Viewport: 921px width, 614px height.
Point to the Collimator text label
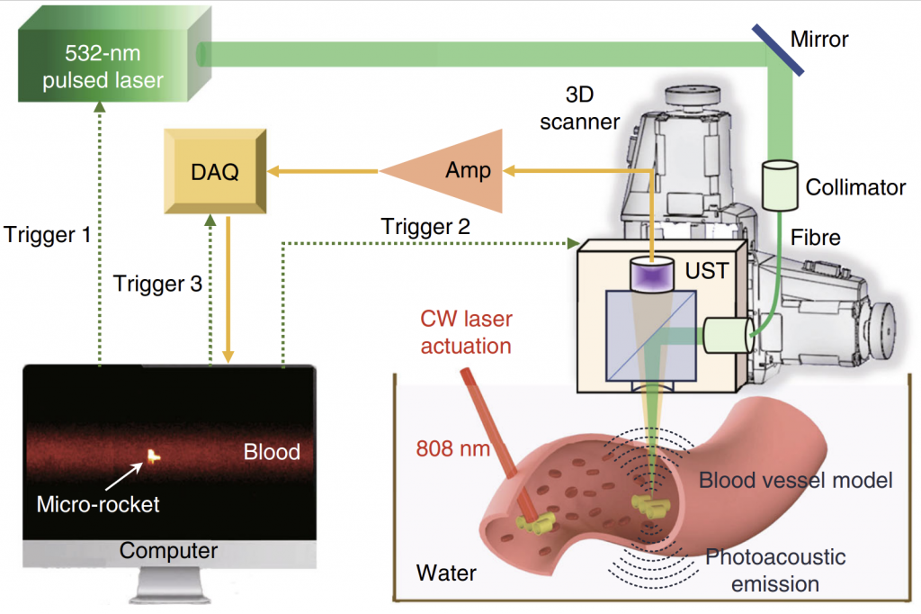point(854,187)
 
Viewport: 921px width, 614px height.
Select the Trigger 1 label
point(47,236)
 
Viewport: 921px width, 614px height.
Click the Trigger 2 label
point(425,227)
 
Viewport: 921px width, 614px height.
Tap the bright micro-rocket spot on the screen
point(155,456)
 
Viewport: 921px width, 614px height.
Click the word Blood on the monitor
point(272,451)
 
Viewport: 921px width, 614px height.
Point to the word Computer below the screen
point(169,550)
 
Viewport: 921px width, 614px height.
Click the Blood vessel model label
point(795,480)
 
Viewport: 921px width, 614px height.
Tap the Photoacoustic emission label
point(775,570)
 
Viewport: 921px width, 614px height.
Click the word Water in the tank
point(446,573)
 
